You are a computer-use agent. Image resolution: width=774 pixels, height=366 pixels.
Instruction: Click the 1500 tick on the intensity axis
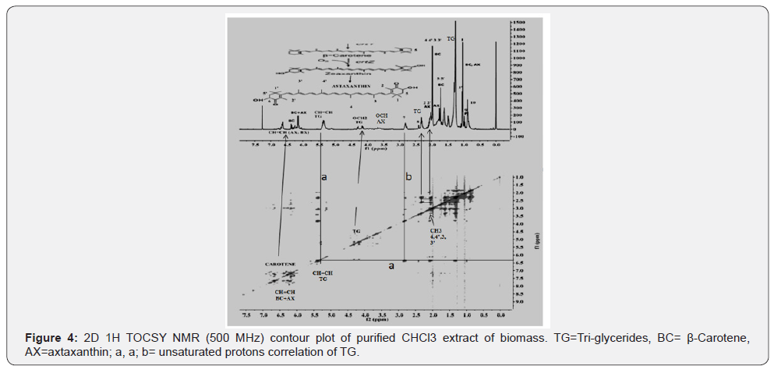(x=518, y=23)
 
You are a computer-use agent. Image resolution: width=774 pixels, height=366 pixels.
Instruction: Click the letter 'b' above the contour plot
(x=408, y=178)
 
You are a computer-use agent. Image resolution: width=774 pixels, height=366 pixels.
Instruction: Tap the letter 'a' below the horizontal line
(x=392, y=265)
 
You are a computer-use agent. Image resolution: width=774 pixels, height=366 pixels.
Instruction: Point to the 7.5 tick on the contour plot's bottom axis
(x=246, y=313)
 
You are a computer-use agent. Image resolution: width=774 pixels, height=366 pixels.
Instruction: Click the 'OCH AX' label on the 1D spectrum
(x=382, y=119)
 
